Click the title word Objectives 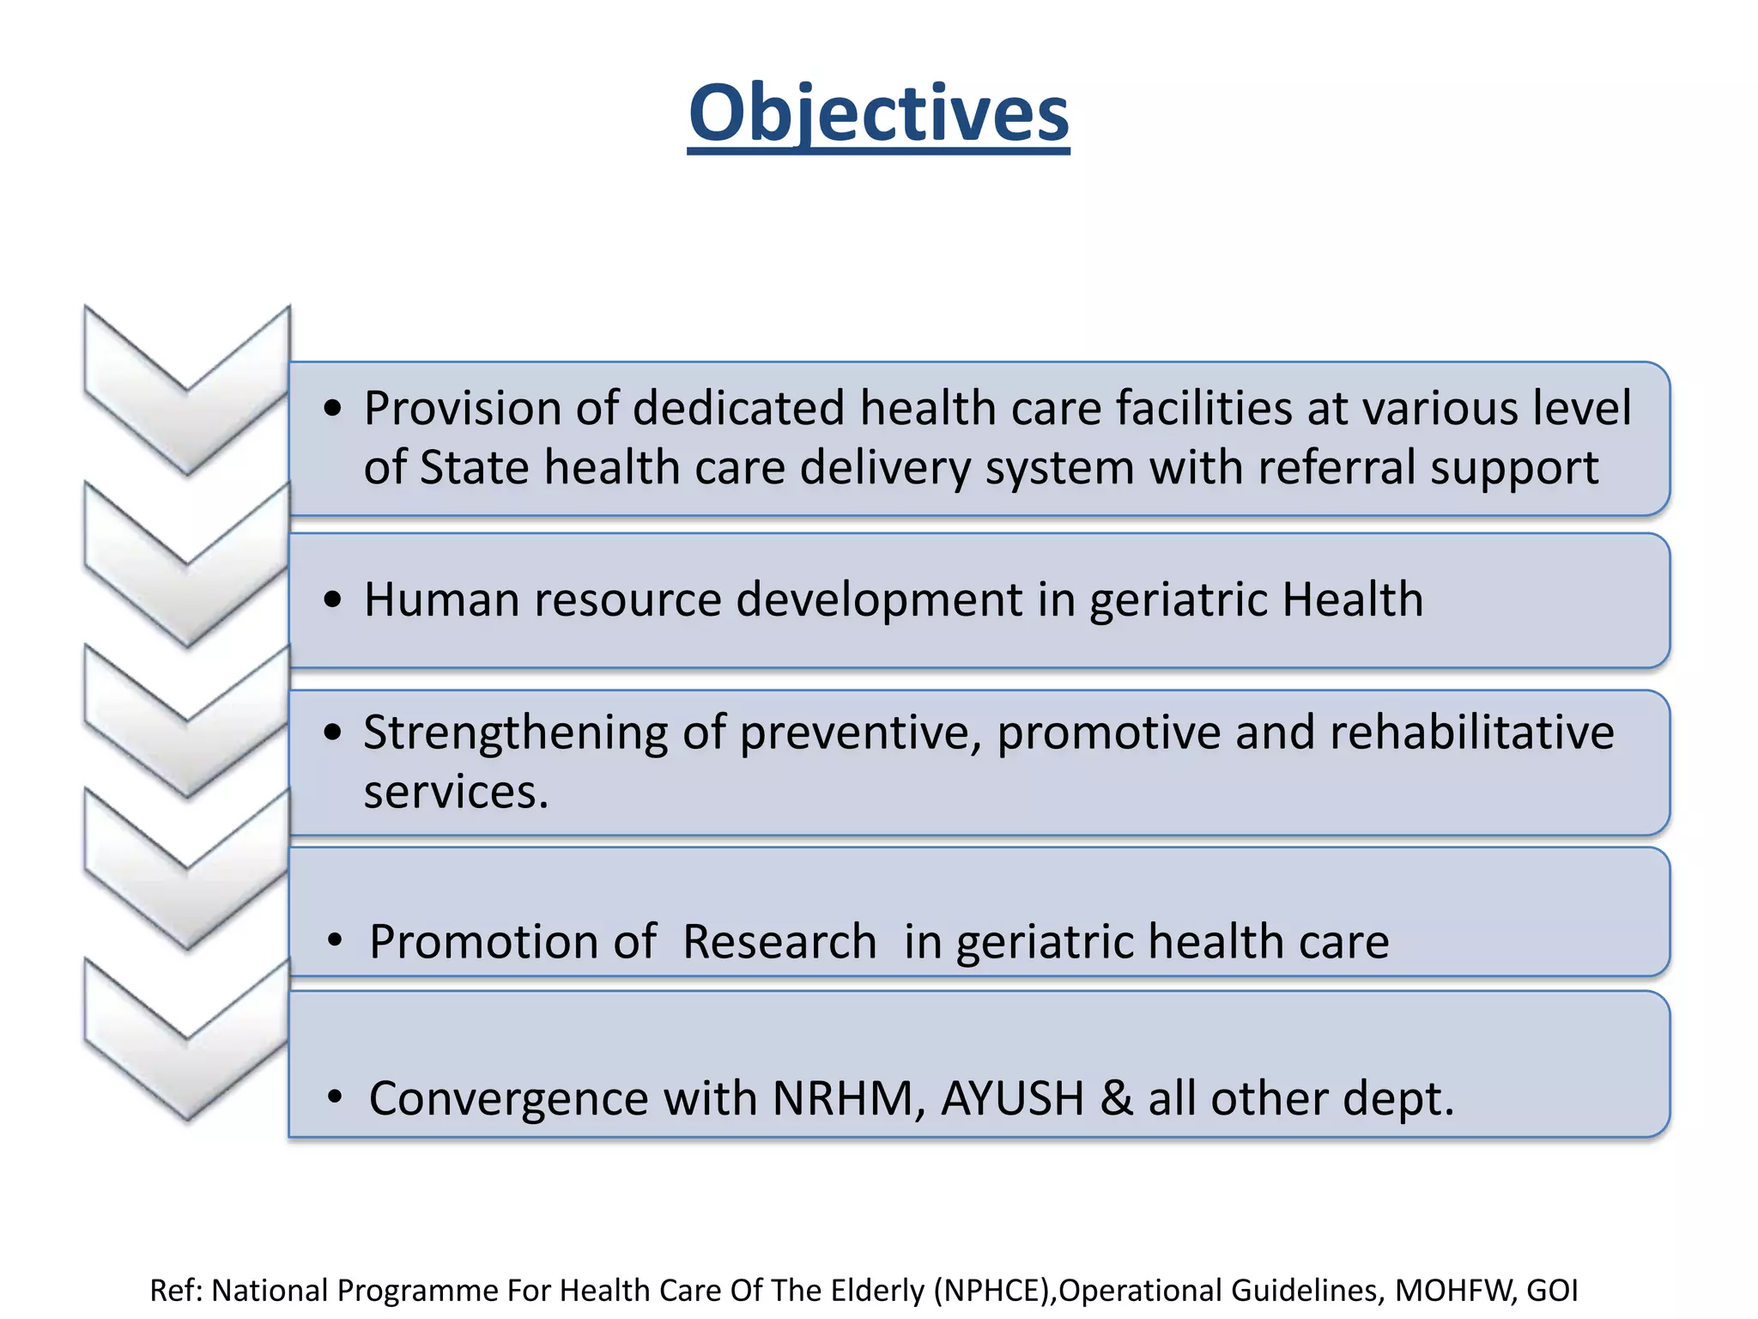click(x=878, y=113)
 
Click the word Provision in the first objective click(x=462, y=408)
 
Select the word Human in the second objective click(x=441, y=599)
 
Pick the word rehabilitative click(x=1471, y=732)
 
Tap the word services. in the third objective click(x=456, y=792)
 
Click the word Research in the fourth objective click(x=779, y=942)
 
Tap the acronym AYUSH click(x=1012, y=1099)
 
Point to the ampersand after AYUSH click(x=1116, y=1099)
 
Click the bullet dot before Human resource click(x=333, y=600)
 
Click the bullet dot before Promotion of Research click(x=335, y=942)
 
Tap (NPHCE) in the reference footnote click(x=994, y=1291)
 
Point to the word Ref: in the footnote click(x=178, y=1291)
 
